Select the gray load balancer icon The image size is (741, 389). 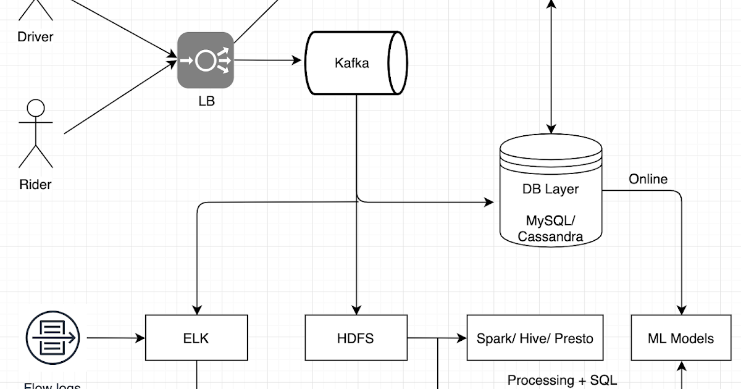[206, 61]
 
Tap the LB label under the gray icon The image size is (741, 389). [206, 101]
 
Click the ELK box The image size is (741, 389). [196, 338]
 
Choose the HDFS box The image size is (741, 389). [356, 338]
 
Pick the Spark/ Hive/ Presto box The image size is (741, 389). [535, 338]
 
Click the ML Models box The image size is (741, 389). [680, 338]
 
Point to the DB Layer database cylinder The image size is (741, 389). [550, 191]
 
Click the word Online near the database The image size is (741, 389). [648, 179]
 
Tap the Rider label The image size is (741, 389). [35, 184]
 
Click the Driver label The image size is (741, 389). [35, 36]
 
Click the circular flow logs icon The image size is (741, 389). [52, 337]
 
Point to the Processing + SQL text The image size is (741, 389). [562, 380]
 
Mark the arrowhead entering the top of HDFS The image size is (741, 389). [356, 310]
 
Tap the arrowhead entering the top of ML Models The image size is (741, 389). [681, 310]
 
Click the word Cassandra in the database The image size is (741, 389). [550, 236]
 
